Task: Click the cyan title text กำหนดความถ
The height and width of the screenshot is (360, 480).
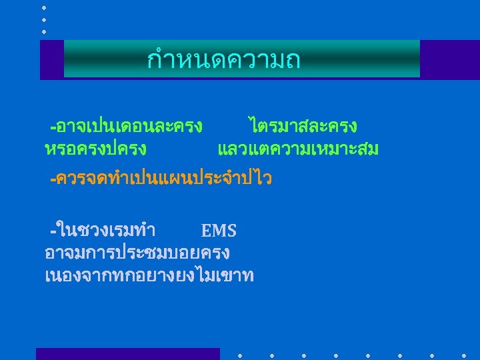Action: [224, 61]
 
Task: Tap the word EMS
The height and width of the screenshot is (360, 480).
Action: [219, 231]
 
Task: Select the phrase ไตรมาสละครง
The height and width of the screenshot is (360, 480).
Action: [302, 126]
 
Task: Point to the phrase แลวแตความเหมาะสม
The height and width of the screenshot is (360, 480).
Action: [298, 149]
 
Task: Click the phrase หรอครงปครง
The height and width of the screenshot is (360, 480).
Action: [95, 149]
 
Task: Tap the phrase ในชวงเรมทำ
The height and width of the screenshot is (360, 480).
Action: [107, 231]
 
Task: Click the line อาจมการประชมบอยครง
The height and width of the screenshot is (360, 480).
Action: [137, 253]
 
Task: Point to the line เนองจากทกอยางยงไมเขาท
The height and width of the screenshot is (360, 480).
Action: [149, 275]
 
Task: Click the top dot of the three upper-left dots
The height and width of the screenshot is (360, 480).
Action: [44, 7]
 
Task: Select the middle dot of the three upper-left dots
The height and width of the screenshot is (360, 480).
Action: [44, 19]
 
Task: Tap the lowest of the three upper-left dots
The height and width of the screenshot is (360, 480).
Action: [44, 31]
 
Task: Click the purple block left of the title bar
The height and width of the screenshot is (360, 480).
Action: [51, 59]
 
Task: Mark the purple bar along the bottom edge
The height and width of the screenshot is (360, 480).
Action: [127, 354]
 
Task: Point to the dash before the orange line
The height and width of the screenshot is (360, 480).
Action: [53, 179]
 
